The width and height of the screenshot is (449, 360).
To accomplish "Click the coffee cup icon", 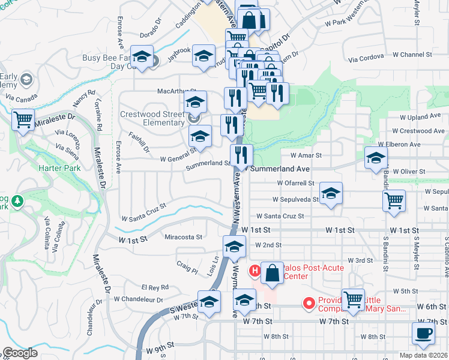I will click(424, 334).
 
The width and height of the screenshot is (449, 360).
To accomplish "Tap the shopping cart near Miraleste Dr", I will click(23, 120).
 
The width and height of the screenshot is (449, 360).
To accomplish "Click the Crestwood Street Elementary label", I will click(152, 118).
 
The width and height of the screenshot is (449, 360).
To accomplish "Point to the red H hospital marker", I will click(254, 271).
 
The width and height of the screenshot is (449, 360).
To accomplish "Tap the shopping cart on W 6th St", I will click(353, 299).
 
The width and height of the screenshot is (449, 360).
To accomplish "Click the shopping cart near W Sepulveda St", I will click(394, 202).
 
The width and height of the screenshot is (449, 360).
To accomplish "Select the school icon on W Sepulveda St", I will click(331, 194).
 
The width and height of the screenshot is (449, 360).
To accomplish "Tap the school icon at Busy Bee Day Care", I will click(142, 58).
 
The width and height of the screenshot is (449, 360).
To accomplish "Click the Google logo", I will click(20, 353).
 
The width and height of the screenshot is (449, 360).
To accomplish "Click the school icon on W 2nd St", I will click(234, 247).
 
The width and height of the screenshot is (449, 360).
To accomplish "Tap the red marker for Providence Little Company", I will click(309, 304).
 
